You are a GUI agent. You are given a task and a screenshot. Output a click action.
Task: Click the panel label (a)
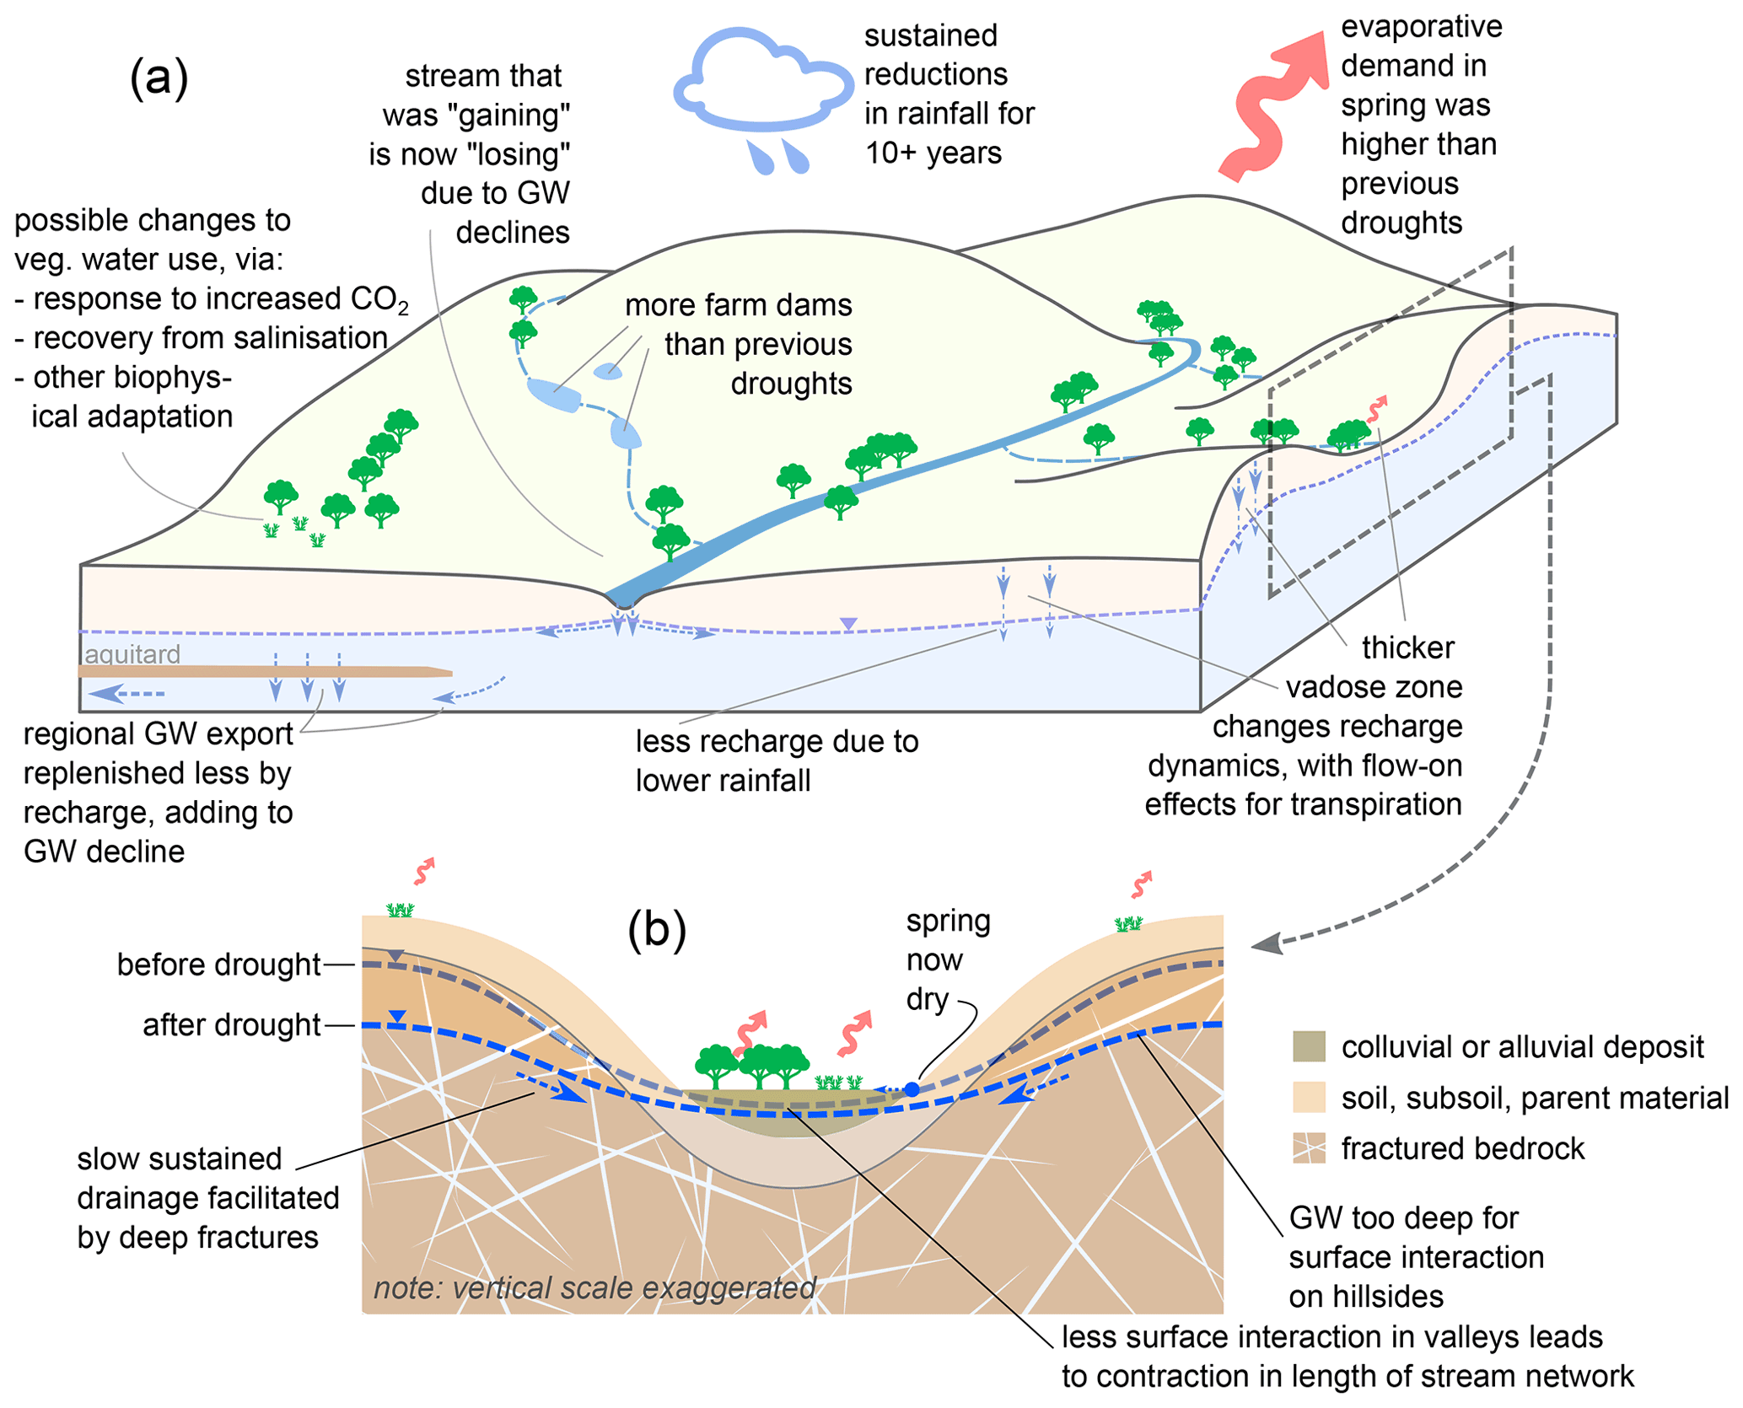click(x=159, y=79)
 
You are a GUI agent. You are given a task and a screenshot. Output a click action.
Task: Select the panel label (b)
click(x=657, y=930)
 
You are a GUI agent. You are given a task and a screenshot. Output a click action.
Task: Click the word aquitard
click(x=133, y=654)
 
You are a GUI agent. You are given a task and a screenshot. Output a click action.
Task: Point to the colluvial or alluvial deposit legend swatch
click(x=1308, y=1046)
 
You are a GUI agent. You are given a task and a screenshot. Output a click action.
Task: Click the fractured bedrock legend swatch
click(x=1308, y=1148)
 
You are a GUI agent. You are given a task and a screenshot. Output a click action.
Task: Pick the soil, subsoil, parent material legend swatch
click(x=1308, y=1098)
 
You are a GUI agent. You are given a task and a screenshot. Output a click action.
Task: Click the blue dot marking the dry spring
click(x=912, y=1089)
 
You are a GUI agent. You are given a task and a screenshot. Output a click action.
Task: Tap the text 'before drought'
click(x=218, y=965)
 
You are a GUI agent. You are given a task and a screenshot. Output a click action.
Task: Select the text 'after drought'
click(x=231, y=1025)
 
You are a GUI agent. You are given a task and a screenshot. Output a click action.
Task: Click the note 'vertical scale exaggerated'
click(x=594, y=1288)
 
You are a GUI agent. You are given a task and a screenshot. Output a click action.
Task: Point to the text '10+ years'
click(x=933, y=153)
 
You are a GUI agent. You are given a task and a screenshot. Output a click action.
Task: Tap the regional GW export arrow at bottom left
click(x=126, y=694)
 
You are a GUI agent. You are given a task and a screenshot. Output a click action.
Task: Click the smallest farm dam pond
click(x=607, y=371)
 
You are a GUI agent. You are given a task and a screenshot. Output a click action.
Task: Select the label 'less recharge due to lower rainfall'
click(x=776, y=761)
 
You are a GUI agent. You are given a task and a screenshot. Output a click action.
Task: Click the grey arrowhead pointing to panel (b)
click(x=1267, y=943)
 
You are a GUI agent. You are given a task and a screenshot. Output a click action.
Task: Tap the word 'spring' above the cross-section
click(x=948, y=921)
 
